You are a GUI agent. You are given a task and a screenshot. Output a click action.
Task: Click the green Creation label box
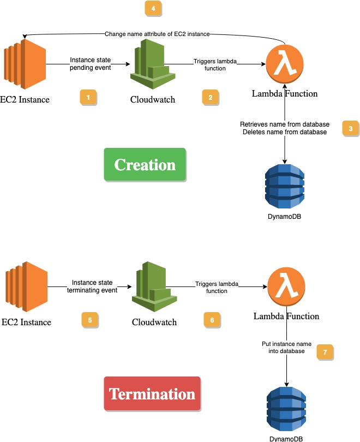(145, 165)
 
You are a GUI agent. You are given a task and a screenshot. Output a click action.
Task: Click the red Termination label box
(152, 393)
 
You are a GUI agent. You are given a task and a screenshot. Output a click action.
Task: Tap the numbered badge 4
(153, 9)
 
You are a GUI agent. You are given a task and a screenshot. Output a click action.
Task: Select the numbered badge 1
(88, 97)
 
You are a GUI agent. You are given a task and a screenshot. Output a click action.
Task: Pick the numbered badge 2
(210, 97)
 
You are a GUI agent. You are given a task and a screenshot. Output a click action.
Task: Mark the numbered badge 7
(325, 352)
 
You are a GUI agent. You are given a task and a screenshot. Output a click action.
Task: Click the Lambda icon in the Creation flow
(284, 64)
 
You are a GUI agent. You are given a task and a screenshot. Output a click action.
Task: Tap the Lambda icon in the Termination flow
(286, 286)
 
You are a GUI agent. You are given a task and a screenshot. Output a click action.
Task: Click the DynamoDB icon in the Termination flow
(286, 410)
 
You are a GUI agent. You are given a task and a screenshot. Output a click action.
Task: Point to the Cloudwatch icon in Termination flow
(154, 287)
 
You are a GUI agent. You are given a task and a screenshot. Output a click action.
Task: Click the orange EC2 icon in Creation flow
(25, 64)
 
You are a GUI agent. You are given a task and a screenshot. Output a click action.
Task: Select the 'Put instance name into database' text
(286, 348)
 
